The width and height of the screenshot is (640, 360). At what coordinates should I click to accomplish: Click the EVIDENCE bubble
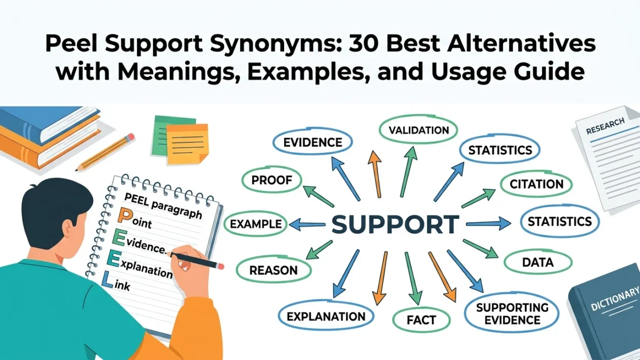tap(313, 142)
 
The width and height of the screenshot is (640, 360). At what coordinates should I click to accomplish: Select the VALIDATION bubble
tap(418, 130)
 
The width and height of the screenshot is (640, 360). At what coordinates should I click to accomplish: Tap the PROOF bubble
tap(272, 180)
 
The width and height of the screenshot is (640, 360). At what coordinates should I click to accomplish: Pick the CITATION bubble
tap(536, 184)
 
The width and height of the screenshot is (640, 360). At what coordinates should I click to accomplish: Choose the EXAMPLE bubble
tap(255, 224)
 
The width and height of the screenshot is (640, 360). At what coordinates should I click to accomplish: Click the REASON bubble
tap(273, 270)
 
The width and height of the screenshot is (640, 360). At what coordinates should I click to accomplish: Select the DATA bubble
tap(538, 262)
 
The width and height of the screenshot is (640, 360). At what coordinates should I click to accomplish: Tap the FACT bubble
tap(421, 319)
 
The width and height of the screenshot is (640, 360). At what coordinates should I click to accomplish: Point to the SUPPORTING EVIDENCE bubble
tap(512, 313)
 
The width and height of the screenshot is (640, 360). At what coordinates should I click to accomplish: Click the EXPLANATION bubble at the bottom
tap(326, 316)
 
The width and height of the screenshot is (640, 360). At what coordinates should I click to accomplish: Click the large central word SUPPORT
tap(395, 224)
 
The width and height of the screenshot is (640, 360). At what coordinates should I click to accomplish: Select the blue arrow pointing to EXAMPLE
tap(307, 225)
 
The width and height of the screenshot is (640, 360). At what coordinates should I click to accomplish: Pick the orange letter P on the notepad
tap(124, 215)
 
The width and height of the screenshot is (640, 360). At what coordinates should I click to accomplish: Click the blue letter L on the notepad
tap(107, 279)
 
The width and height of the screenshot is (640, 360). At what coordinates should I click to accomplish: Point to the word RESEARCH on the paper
tap(605, 126)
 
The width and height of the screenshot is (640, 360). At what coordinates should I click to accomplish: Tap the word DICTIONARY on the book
tap(615, 299)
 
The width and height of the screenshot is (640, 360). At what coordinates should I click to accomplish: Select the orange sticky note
tap(187, 144)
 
